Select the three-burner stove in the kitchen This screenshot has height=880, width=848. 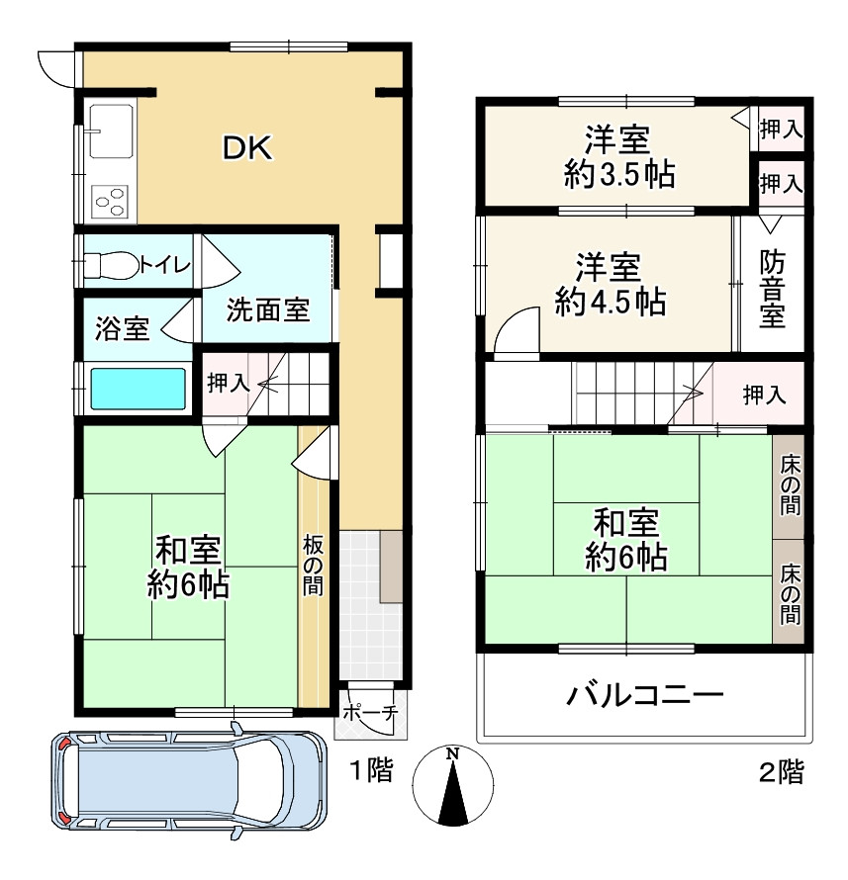point(110,202)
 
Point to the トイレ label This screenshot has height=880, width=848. point(164,264)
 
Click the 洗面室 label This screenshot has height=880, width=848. point(267,310)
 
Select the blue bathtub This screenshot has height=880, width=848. point(139,389)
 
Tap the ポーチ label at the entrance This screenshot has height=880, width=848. point(370,712)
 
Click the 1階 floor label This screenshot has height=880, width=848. point(372,771)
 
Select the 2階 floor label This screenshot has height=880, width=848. point(781,771)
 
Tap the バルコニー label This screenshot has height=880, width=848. point(644,695)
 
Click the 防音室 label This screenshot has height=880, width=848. point(773,288)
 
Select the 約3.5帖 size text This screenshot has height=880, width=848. point(619,175)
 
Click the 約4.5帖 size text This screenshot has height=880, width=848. point(610,302)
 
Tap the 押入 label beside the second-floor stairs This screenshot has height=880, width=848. point(764,396)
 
